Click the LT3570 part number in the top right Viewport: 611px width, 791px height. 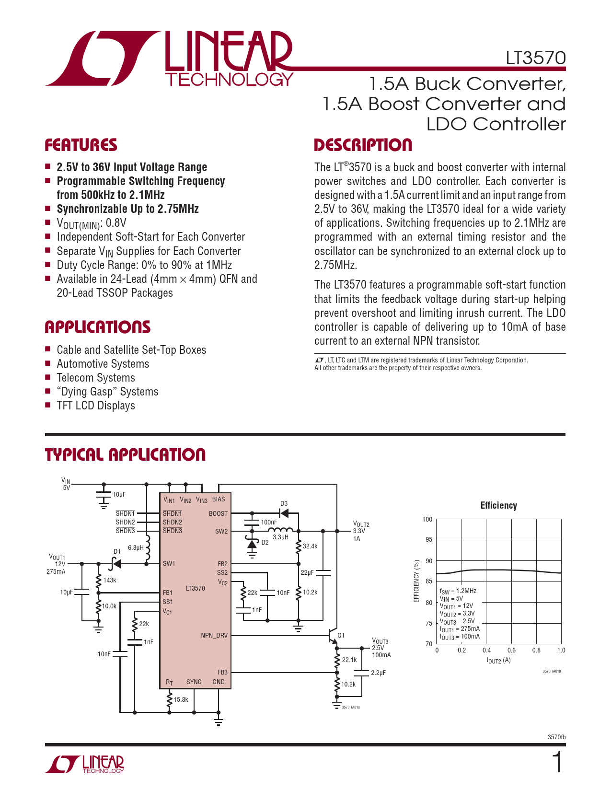point(535,58)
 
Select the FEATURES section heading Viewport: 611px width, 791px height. point(81,145)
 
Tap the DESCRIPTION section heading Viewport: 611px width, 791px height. point(363,145)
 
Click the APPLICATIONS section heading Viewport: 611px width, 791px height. point(98,327)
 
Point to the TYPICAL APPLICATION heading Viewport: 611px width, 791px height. point(125,455)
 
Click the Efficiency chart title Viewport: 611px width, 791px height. point(498,505)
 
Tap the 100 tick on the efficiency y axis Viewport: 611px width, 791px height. point(427,519)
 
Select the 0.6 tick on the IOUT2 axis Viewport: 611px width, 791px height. point(511,651)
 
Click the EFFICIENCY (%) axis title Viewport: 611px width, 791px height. point(416,581)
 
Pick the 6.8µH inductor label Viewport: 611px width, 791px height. point(136,547)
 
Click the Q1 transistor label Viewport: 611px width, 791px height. point(341,635)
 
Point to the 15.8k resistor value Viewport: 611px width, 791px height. point(181,699)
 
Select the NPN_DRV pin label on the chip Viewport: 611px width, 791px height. point(214,636)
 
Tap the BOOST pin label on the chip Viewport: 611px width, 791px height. point(218,513)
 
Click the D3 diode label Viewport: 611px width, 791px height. point(284,503)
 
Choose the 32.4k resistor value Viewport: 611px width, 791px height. point(310,546)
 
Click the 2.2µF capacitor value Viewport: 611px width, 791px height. point(378,673)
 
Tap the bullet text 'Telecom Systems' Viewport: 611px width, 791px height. point(96,378)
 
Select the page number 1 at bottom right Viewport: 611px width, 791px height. point(557,763)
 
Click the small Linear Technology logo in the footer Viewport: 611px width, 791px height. point(85,764)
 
